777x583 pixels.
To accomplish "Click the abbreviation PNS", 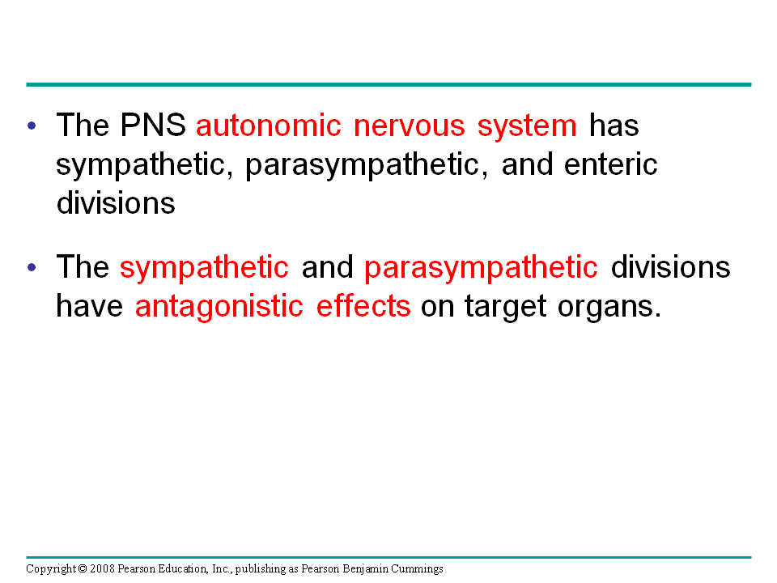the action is (153, 125).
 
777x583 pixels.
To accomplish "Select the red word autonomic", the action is (269, 125).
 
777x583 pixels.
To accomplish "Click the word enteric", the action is (610, 164).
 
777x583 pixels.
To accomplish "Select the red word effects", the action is (363, 305).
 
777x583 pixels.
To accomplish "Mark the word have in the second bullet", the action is (89, 305).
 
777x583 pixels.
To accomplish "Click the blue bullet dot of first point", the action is (32, 126).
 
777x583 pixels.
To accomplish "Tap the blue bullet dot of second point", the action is (32, 268).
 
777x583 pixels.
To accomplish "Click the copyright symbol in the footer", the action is (83, 568).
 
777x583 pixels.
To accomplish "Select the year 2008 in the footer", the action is (102, 568).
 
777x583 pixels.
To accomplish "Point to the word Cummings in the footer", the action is (418, 569).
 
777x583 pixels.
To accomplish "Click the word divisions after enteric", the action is (116, 202).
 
